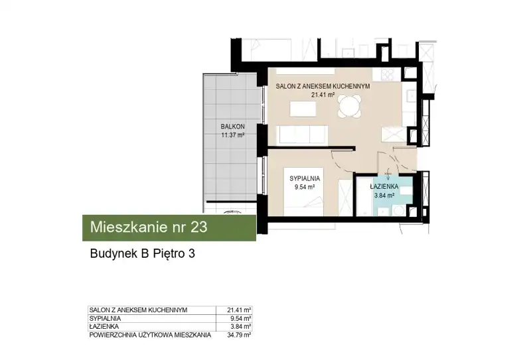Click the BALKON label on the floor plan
(233, 127)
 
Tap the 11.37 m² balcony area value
(233, 135)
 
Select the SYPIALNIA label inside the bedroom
(305, 178)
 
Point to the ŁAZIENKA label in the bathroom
(384, 186)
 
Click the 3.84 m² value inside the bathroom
(384, 195)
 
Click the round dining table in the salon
(350, 106)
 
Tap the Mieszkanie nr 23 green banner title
(149, 227)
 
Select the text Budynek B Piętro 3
(143, 253)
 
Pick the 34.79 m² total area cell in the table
(239, 335)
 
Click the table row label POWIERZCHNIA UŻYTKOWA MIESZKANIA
(150, 335)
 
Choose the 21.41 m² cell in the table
(239, 310)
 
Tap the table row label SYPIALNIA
(105, 318)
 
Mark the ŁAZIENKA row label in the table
(104, 326)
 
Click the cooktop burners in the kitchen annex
(387, 74)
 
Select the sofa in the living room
(303, 135)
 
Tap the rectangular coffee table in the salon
(303, 109)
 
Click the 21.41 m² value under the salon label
(323, 95)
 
